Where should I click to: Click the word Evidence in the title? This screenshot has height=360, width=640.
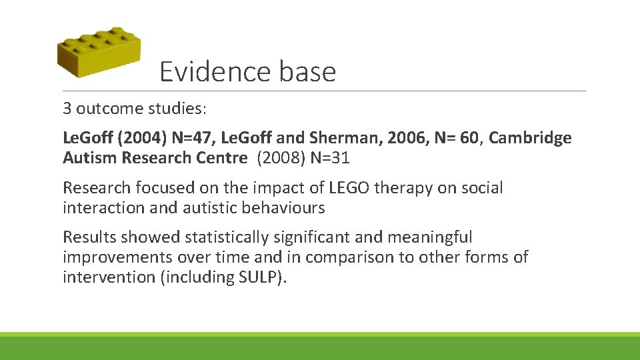coord(209,71)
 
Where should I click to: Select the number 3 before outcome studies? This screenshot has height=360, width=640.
coord(67,108)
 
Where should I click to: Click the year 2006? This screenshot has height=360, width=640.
coord(393,139)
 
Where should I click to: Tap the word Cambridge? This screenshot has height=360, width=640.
coord(531,139)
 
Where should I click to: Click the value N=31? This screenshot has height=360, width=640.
coord(329,159)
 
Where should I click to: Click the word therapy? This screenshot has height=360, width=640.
coord(399,188)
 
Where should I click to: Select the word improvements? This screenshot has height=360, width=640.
coord(117,257)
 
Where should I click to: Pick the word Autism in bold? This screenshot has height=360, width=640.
coord(89,159)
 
